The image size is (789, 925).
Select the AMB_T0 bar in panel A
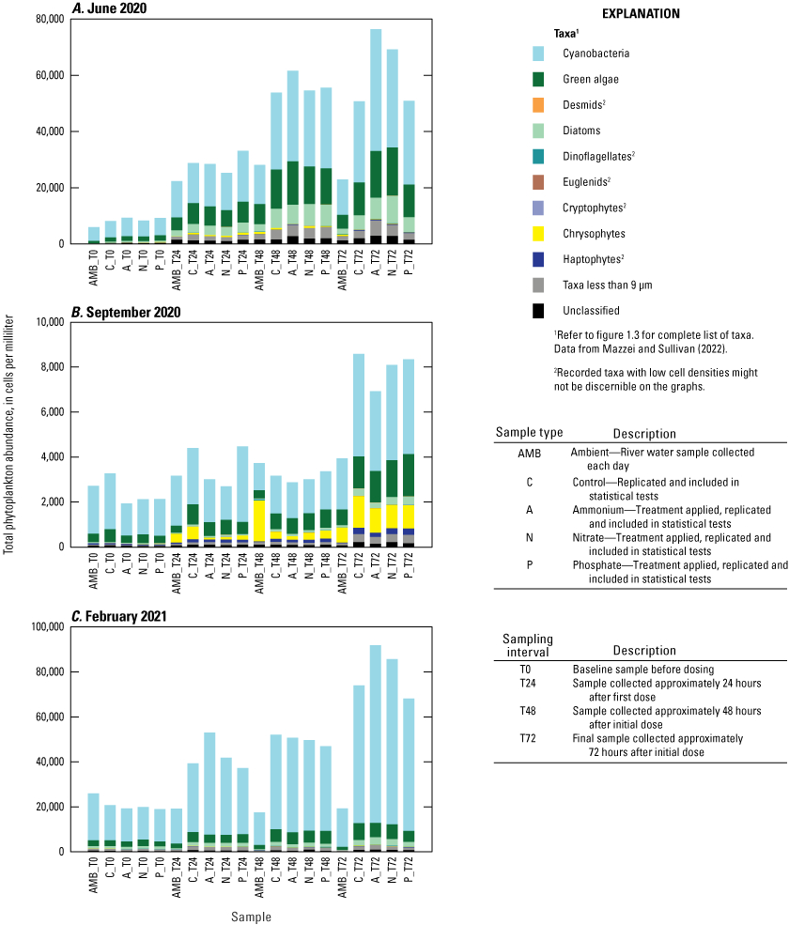(x=94, y=236)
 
